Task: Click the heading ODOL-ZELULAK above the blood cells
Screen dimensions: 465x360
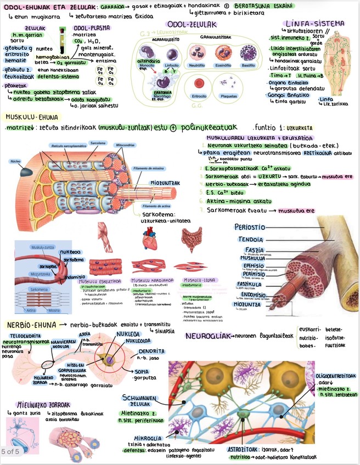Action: (x=193, y=25)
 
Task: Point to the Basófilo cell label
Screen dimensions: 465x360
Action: (x=248, y=65)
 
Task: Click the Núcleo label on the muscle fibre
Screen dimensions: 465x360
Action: (x=15, y=161)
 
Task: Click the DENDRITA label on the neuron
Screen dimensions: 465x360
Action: (x=150, y=351)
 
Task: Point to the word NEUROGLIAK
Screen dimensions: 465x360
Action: (x=208, y=336)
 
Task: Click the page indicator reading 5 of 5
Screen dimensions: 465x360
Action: (x=10, y=451)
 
